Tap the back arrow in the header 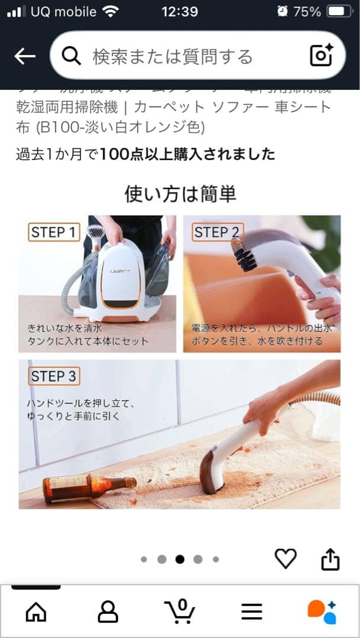[25, 56]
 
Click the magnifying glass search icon [71, 56]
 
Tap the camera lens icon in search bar [322, 56]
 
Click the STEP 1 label [53, 232]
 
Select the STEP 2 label [216, 232]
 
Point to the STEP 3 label [53, 376]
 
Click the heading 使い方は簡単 [180, 193]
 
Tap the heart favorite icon [286, 558]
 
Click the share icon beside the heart [330, 559]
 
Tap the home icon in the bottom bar [36, 611]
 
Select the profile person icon [108, 611]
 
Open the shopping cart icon [180, 611]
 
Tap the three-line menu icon [252, 611]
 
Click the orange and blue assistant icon [322, 611]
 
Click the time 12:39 [180, 11]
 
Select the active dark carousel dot [180, 559]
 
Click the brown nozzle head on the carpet [212, 470]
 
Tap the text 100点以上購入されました [187, 154]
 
